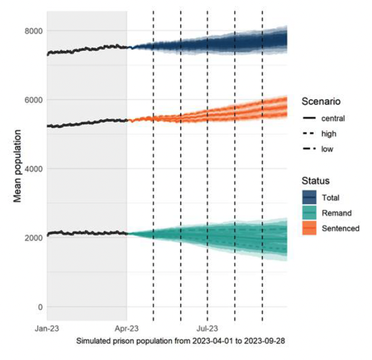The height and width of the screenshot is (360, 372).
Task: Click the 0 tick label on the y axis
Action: (40, 307)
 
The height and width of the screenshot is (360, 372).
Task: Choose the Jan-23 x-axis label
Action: (47, 329)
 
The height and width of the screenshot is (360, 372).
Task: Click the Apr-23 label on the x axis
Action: (127, 329)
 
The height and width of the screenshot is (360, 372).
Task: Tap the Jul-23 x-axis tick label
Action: (207, 329)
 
